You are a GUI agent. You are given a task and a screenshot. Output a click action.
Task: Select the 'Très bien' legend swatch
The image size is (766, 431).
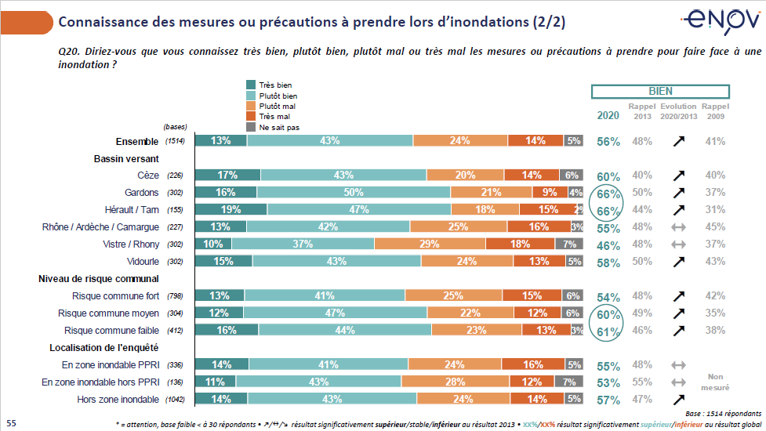[x=251, y=85]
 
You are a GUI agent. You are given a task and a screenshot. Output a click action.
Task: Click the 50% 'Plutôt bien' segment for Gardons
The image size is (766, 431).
[x=354, y=192]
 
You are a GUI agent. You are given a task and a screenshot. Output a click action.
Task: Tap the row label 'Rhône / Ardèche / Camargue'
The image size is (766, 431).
[x=100, y=227]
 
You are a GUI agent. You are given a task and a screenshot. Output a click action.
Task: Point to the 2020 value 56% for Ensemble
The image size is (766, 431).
[x=608, y=142]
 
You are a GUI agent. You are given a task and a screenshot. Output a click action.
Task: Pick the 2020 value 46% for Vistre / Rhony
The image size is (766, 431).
[x=608, y=245]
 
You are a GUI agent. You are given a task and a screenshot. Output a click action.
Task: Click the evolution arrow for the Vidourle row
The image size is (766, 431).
[x=678, y=262]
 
